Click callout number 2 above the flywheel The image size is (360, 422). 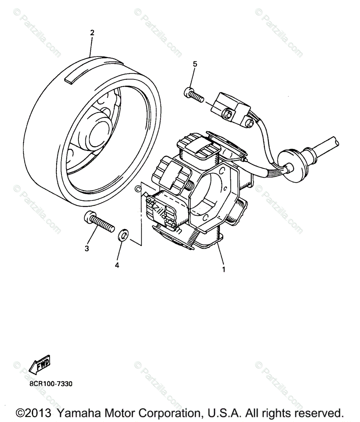pos(92,33)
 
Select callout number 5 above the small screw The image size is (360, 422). pos(195,64)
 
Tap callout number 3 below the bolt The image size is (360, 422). pos(86,249)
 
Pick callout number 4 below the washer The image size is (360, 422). pos(117,265)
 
